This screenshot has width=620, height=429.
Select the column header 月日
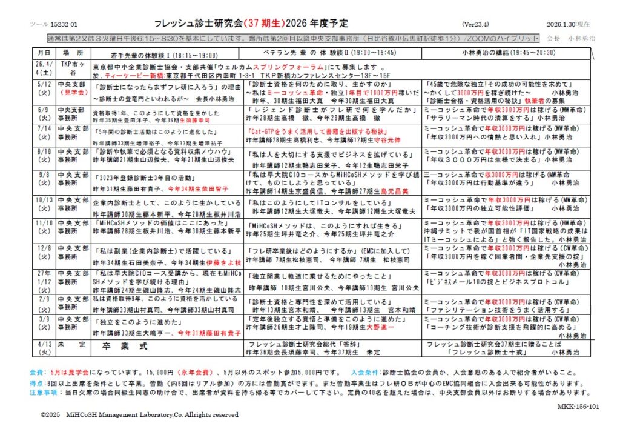pos(44,53)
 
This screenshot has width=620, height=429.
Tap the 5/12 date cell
pos(44,88)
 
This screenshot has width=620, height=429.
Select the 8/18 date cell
pos(44,156)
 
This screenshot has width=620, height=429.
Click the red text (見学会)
pos(73,93)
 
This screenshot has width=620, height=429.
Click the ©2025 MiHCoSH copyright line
pos(139,415)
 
